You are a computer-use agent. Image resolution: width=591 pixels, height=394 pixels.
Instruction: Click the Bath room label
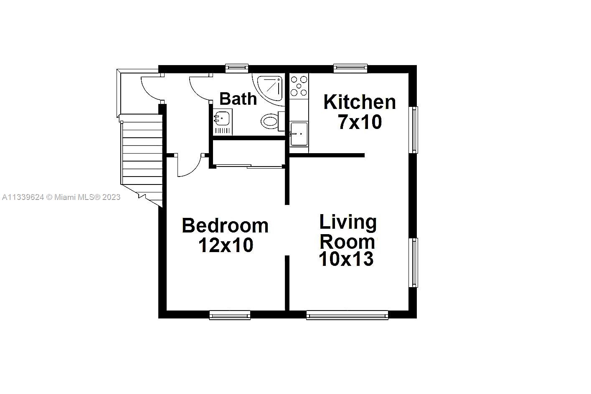(238, 99)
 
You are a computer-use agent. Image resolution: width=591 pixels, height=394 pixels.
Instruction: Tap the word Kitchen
(360, 102)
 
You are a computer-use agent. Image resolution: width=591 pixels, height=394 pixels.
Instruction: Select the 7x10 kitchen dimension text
(360, 122)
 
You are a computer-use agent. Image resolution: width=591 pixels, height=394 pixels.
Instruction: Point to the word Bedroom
(225, 226)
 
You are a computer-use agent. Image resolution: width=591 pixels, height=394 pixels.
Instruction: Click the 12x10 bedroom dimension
(226, 245)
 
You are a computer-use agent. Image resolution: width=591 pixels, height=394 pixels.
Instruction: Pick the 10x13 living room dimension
(346, 259)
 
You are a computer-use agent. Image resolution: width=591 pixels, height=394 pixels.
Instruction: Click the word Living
(348, 222)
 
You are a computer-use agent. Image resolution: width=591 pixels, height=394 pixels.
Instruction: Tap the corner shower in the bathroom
(271, 88)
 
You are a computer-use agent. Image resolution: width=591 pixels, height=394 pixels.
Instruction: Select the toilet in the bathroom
(270, 121)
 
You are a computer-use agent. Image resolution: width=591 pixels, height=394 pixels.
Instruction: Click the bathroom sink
(222, 118)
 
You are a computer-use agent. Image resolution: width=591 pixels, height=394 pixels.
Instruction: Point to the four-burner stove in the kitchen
(299, 86)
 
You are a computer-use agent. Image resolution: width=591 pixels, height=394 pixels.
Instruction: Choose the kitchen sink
(299, 134)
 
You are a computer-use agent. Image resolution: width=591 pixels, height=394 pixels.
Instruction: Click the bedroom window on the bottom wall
(230, 315)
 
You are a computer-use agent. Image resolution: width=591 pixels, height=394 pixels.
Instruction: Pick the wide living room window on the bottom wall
(347, 315)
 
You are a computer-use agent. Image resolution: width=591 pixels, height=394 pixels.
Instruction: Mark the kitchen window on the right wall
(414, 130)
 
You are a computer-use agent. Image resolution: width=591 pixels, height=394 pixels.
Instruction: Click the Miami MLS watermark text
(61, 197)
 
